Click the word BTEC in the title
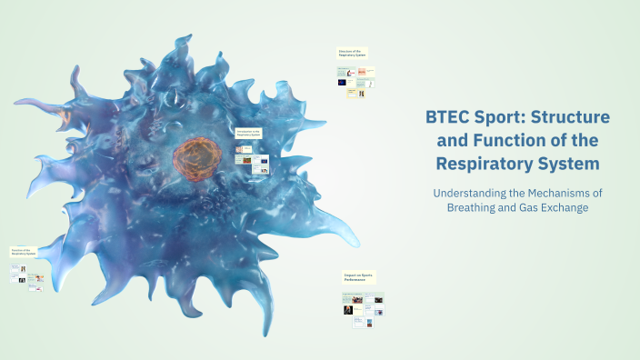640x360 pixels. tap(448, 117)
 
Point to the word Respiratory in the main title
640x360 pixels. tap(484, 164)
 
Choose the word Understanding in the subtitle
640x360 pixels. tap(476, 193)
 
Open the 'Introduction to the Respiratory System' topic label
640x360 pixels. tap(249, 133)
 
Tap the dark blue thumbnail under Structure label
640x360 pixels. tap(342, 82)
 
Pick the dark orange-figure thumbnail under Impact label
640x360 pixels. tap(347, 310)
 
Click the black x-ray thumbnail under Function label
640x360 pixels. tap(21, 279)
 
